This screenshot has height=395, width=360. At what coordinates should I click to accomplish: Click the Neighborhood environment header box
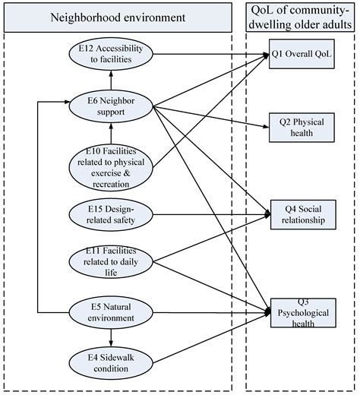(112, 14)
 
